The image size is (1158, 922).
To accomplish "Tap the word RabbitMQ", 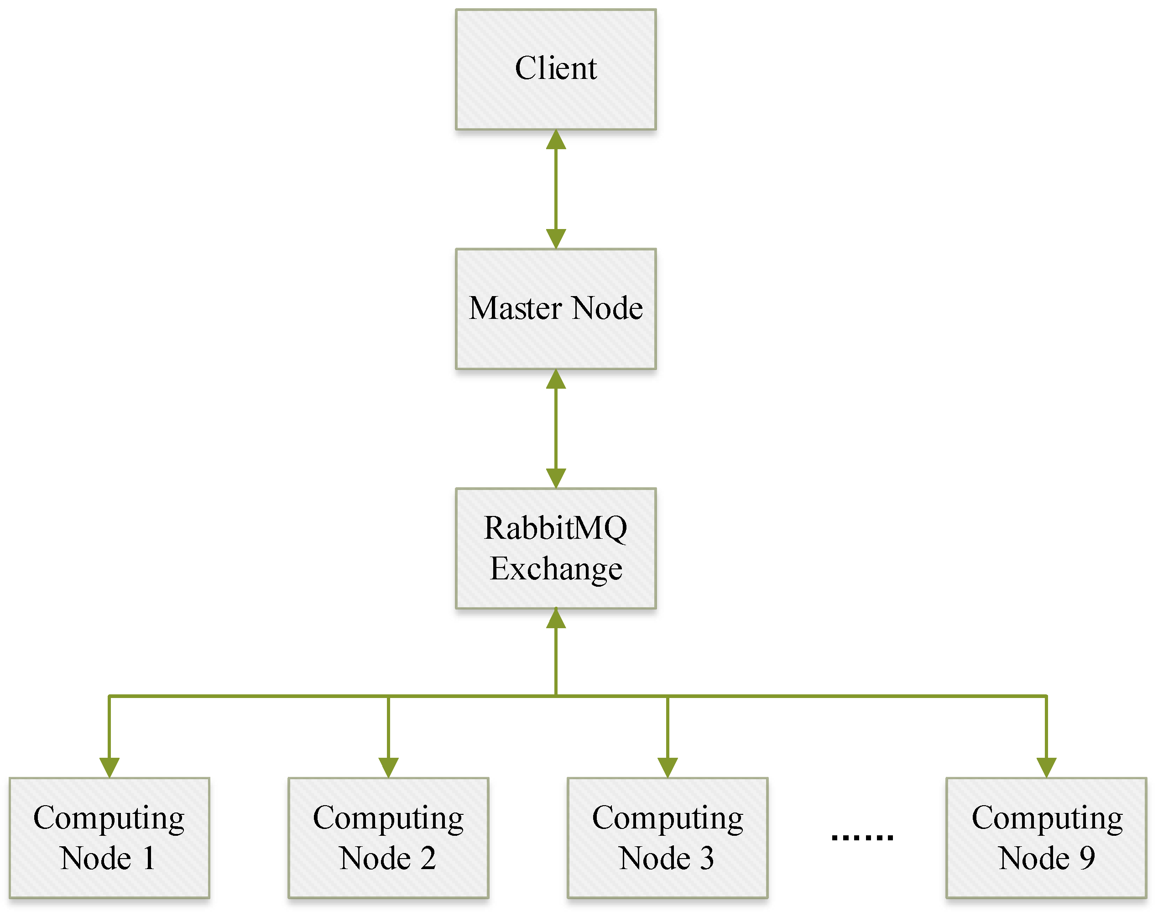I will pyautogui.click(x=555, y=528).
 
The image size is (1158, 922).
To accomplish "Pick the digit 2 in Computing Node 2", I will pyautogui.click(x=428, y=858).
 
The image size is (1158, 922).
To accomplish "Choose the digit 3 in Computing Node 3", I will pyautogui.click(x=706, y=858).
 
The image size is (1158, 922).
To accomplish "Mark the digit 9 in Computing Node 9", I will pyautogui.click(x=1086, y=858).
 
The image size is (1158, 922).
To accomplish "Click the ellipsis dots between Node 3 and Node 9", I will pyautogui.click(x=861, y=837).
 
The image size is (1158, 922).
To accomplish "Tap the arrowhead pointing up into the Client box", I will pyautogui.click(x=555, y=140).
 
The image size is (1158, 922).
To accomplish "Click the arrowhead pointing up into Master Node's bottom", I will pyautogui.click(x=555, y=379).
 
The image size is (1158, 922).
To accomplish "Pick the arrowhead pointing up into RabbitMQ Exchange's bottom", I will pyautogui.click(x=555, y=618).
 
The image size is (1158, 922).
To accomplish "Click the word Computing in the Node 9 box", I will pyautogui.click(x=1047, y=818).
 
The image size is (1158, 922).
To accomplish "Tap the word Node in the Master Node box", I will pyautogui.click(x=607, y=308).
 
